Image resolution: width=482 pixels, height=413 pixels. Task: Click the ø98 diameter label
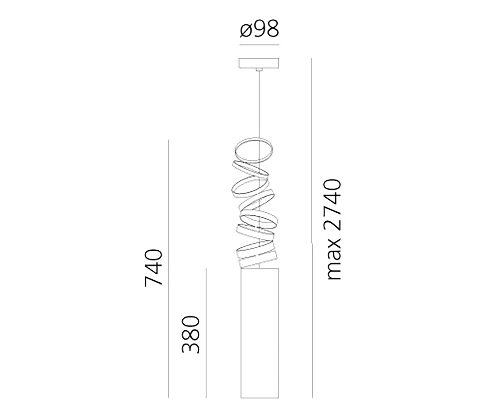point(259,29)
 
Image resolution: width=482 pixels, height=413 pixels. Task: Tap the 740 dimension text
point(153,268)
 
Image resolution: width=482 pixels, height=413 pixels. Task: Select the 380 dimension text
point(191,335)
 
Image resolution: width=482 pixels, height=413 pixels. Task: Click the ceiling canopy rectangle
point(259,63)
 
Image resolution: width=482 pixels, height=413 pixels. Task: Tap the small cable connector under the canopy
point(259,70)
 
